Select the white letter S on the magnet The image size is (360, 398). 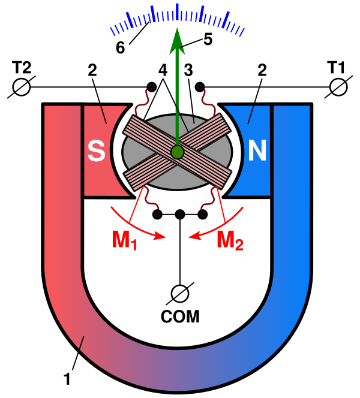click(x=96, y=152)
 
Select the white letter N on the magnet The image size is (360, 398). click(x=257, y=152)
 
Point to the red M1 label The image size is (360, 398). click(x=125, y=240)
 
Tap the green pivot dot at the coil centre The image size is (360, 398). click(x=176, y=151)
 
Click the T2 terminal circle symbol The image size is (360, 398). click(x=21, y=88)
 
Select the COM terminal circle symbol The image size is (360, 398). click(x=179, y=293)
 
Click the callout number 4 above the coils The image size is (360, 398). click(x=163, y=70)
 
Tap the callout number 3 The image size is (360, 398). click(x=188, y=70)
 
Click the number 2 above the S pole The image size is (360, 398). click(x=92, y=70)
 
